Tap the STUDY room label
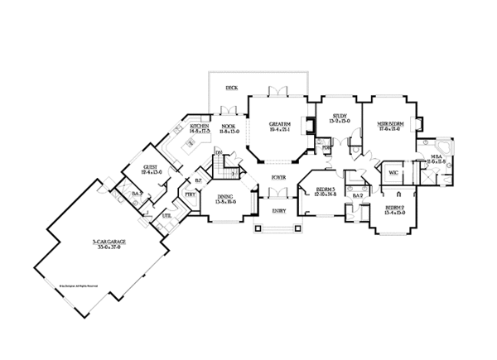pos(340,117)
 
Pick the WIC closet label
pos(393,174)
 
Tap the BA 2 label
pos(359,208)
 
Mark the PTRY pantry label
pos(190,194)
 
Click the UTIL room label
pos(166,215)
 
